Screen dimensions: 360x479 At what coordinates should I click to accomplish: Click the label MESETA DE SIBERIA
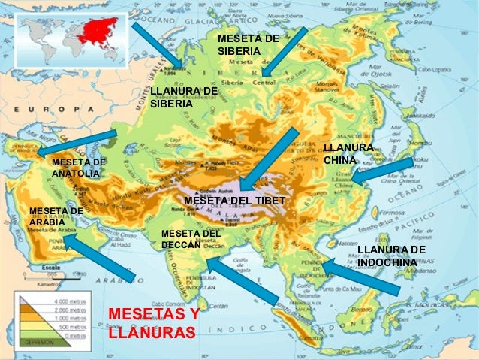click(x=248, y=44)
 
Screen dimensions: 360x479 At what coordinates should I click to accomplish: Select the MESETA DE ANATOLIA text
click(x=78, y=168)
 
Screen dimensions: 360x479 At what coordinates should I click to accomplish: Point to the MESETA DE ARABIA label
click(x=55, y=216)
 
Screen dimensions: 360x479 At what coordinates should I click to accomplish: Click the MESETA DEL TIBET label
click(x=234, y=201)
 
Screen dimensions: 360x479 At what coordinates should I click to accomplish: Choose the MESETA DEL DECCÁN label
click(x=191, y=239)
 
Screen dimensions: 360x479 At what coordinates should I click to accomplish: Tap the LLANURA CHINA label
click(x=348, y=154)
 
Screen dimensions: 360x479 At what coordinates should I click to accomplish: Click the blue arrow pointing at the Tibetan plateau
click(x=269, y=159)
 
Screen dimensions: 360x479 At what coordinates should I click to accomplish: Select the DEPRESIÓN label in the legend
click(x=38, y=340)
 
